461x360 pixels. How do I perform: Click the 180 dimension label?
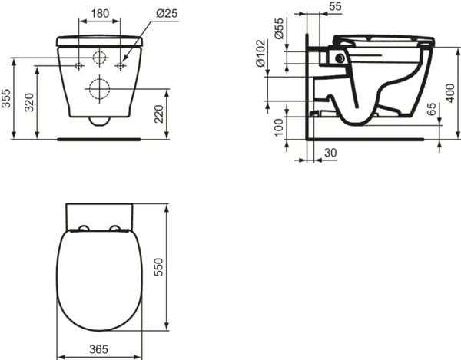point(99,13)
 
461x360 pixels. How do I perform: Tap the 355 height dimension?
point(7,97)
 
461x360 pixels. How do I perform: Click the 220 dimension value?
point(158,114)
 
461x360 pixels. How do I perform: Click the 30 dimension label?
point(330,154)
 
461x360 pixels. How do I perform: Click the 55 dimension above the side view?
point(334,6)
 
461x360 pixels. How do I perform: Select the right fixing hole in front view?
point(120,67)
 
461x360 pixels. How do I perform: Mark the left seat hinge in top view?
point(81,228)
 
